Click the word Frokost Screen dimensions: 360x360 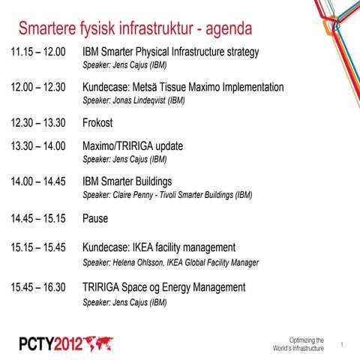coord(97,123)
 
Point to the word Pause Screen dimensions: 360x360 coord(95,219)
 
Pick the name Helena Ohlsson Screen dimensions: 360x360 coord(140,262)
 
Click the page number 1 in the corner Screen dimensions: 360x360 coord(342,344)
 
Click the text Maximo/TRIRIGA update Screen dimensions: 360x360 coord(133,145)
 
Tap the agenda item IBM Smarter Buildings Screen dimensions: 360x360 coord(127,181)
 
